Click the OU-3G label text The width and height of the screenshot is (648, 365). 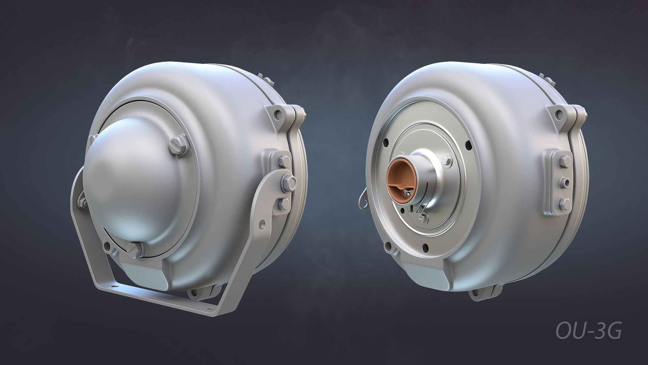click(588, 331)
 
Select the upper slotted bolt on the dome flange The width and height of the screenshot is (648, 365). click(178, 146)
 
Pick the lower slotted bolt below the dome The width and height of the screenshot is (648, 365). click(135, 249)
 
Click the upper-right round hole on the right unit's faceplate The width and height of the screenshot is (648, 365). click(469, 146)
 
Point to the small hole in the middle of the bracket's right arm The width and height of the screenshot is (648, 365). click(262, 224)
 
